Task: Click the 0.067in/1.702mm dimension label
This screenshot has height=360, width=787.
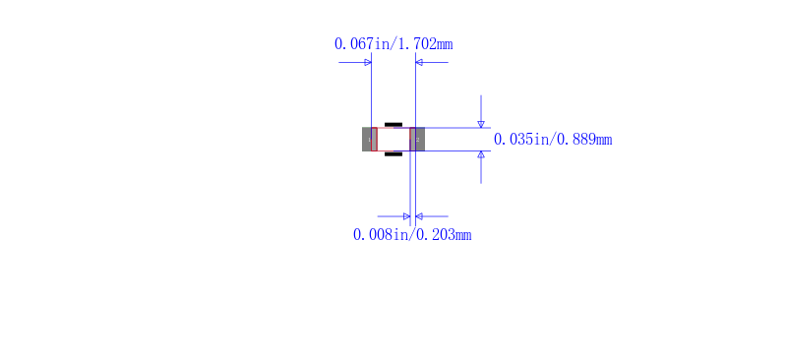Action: coord(393,44)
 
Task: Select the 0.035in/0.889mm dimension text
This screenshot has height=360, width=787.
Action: coord(553,139)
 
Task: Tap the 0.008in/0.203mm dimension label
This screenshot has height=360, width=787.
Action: coord(412,234)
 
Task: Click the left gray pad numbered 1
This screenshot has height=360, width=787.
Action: coord(370,139)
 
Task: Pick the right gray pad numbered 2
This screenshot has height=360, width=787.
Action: coord(417,139)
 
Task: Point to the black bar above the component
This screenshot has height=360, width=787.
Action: coord(393,124)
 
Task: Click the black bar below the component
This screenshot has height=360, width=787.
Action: coord(393,154)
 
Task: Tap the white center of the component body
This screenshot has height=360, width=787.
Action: coord(393,139)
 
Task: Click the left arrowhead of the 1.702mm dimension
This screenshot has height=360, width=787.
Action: coord(368,62)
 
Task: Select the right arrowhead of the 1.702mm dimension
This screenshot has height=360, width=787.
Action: coord(419,62)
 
